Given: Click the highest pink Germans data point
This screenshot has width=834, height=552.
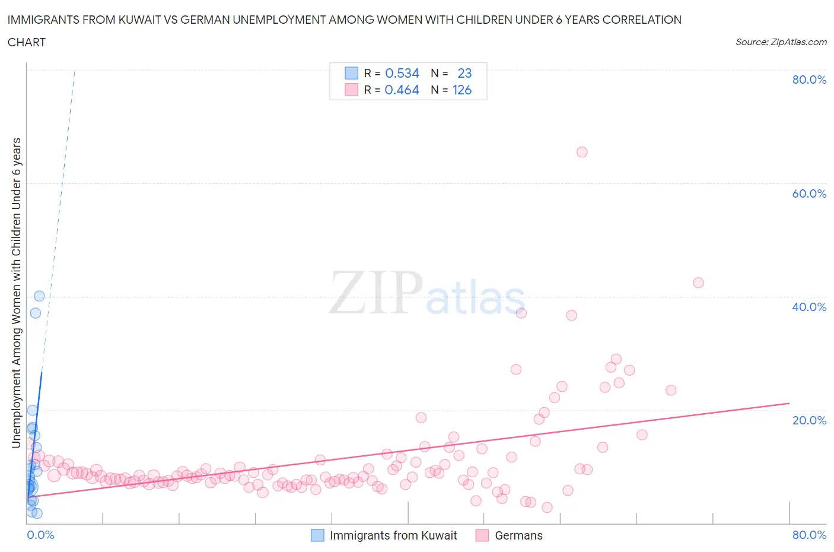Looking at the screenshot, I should click(x=582, y=152).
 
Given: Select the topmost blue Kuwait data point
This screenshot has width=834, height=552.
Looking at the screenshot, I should click(x=39, y=296).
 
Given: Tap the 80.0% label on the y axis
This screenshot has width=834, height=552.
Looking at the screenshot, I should click(x=809, y=80).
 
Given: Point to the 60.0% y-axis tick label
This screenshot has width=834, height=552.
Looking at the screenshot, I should click(x=809, y=193).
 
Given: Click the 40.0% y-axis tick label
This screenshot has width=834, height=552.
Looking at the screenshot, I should click(x=809, y=307).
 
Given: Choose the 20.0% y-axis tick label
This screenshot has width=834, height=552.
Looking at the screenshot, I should click(x=809, y=420).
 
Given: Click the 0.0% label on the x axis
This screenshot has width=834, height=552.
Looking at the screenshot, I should click(x=40, y=535).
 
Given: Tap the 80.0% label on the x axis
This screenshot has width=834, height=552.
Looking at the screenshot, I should click(x=809, y=535).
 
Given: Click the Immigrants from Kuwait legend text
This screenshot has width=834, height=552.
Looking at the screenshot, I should click(x=393, y=535).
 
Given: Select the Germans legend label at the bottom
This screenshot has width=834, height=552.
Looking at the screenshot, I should click(x=518, y=535).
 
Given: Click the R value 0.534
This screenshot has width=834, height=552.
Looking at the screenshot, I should click(x=402, y=73).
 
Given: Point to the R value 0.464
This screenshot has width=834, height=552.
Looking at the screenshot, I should click(x=402, y=90).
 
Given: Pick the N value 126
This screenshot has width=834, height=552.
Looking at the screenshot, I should click(x=462, y=90).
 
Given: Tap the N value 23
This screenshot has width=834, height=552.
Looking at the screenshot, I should click(x=464, y=73).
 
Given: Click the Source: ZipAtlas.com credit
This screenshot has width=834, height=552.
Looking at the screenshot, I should click(x=781, y=42).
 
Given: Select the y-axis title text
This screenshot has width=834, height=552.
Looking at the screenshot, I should click(x=17, y=293).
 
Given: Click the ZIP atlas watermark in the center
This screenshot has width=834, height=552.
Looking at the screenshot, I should click(x=427, y=293).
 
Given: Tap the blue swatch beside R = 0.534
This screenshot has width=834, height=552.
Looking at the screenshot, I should click(x=352, y=73).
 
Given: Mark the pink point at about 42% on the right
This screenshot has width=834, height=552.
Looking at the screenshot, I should click(x=698, y=283).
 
